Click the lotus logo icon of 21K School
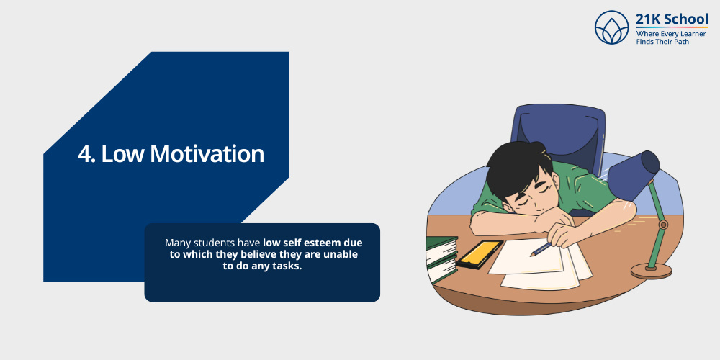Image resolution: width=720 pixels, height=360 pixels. (612, 27)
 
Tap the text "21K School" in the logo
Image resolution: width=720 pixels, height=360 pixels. (672, 19)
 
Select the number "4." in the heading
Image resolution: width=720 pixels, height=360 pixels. (86, 154)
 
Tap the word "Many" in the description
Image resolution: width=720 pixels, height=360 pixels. (178, 243)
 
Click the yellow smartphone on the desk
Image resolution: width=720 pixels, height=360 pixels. (480, 253)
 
